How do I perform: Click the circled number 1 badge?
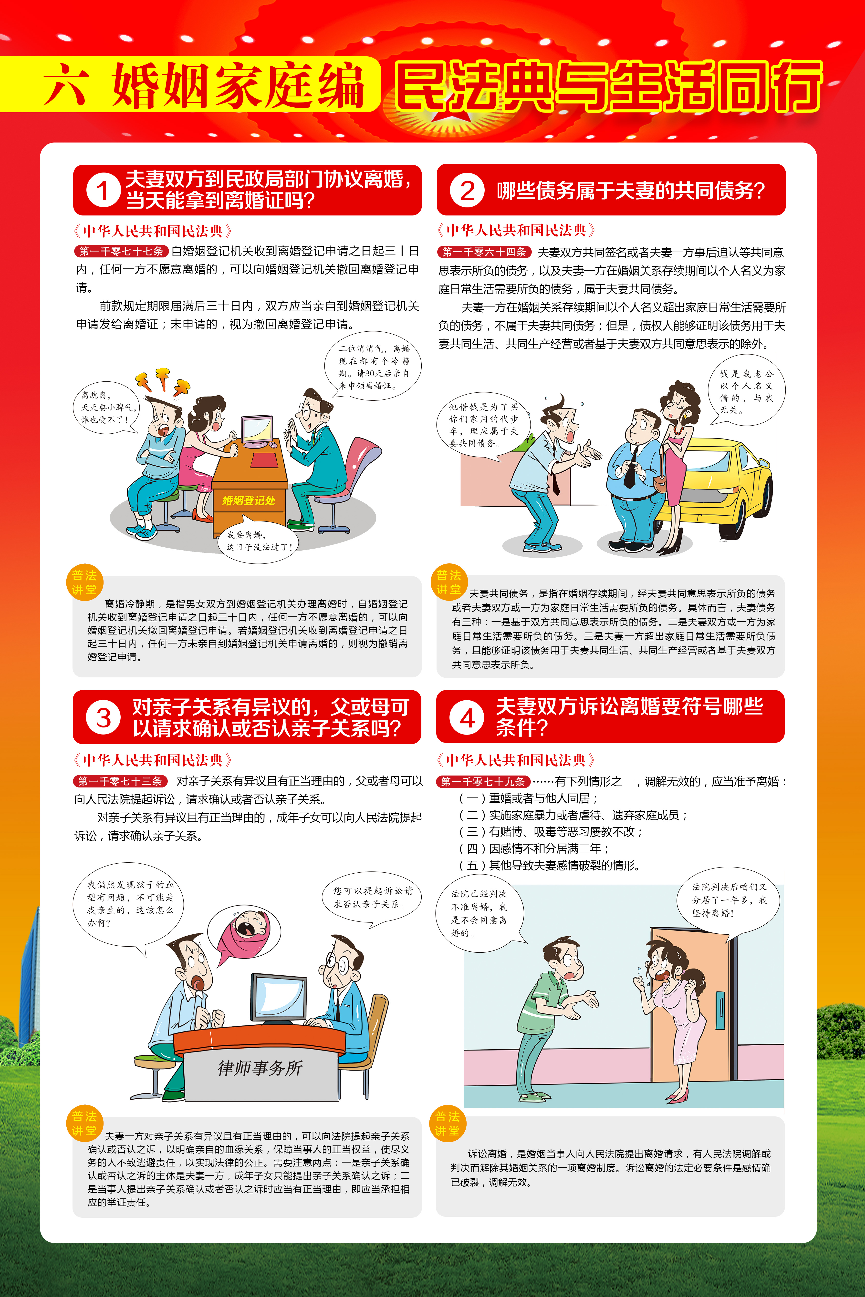point(103,190)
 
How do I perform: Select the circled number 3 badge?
point(103,717)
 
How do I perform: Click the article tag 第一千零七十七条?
point(121,251)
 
